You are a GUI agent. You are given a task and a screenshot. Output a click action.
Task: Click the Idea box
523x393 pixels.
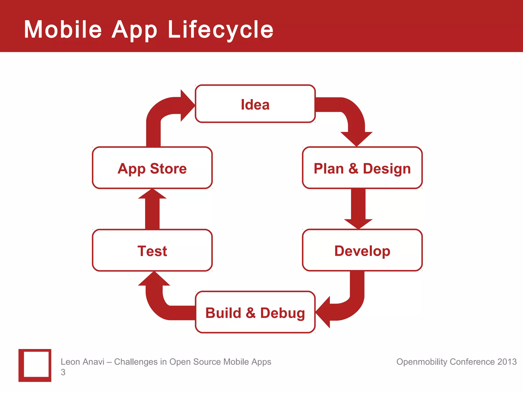click(255, 104)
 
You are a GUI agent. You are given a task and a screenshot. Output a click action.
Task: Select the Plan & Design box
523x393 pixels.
click(362, 168)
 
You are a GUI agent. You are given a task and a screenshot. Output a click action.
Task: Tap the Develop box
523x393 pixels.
click(362, 250)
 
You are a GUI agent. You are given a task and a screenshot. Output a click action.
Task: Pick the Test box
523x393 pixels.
click(152, 250)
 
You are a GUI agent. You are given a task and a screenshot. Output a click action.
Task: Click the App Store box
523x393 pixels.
click(152, 168)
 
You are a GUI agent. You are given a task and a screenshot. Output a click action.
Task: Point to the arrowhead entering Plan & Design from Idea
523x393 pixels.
click(356, 138)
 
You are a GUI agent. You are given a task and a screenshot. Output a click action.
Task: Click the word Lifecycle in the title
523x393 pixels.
click(220, 30)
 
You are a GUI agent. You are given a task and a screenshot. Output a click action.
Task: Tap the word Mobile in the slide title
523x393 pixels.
click(63, 30)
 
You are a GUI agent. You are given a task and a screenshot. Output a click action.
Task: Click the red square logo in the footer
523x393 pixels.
click(35, 365)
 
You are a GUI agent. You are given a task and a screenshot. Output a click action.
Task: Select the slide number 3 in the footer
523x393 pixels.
click(63, 372)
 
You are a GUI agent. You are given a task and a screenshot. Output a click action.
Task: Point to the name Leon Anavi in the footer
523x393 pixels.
click(82, 362)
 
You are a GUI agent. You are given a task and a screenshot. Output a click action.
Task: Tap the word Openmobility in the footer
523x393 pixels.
click(422, 362)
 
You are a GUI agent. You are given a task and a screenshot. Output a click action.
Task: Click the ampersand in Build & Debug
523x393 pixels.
click(251, 313)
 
